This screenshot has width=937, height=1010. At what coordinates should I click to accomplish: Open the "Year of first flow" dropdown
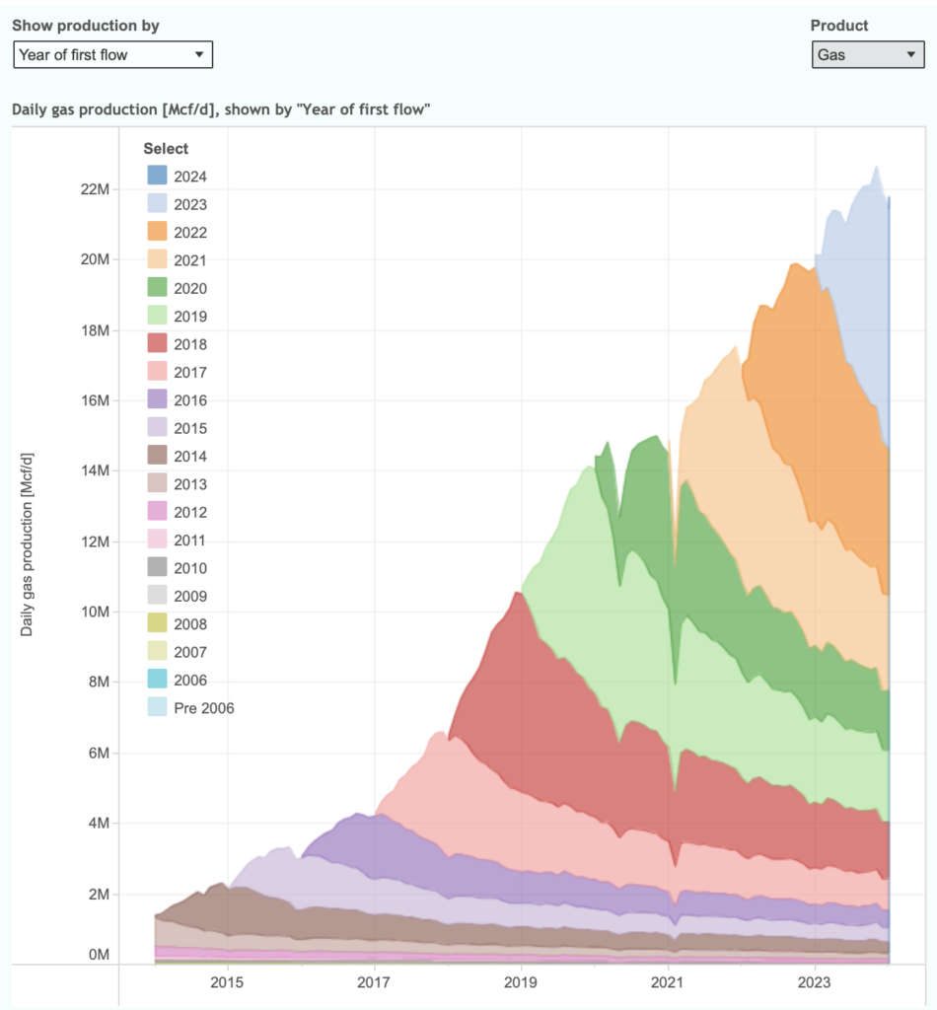tap(112, 55)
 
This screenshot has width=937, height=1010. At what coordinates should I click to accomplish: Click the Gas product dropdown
tap(867, 55)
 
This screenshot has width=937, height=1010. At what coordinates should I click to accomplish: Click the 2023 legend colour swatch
tap(157, 204)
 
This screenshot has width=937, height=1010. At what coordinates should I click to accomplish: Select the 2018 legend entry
tap(190, 344)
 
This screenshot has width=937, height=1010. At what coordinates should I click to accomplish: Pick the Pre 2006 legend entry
tap(203, 708)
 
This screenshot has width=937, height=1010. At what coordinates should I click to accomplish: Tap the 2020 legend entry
tap(190, 288)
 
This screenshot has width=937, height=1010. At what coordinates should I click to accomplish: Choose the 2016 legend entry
tap(190, 400)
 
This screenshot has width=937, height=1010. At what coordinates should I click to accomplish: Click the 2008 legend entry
tap(190, 624)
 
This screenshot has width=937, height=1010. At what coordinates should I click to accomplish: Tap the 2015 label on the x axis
tap(227, 982)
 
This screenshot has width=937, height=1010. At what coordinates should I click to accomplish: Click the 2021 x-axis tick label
tap(668, 982)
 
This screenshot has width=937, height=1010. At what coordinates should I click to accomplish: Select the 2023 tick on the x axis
tap(815, 982)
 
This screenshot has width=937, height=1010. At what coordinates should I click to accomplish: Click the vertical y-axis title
tap(27, 544)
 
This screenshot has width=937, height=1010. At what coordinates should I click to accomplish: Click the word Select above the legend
tap(166, 149)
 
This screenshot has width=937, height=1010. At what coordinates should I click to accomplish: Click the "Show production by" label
tap(85, 26)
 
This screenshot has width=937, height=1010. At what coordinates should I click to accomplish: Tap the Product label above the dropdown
tap(839, 26)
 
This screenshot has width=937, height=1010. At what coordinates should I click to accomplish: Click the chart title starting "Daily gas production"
tap(222, 109)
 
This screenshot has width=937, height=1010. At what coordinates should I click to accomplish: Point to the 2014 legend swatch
tap(157, 457)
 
